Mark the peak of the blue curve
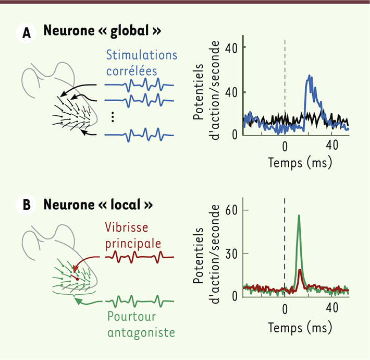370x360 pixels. [310, 76]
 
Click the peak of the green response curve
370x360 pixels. [299, 215]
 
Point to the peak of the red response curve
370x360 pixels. [300, 270]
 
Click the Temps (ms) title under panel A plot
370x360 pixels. [300, 162]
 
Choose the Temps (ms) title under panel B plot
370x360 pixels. [300, 328]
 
